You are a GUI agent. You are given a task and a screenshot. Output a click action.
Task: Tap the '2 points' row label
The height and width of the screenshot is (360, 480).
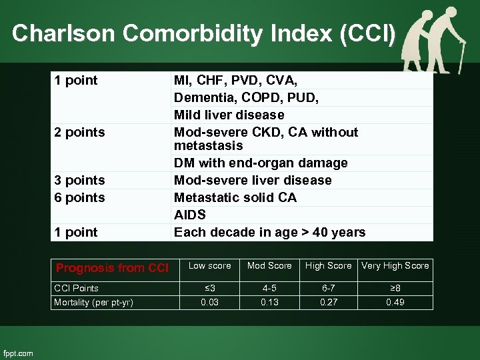coord(80,132)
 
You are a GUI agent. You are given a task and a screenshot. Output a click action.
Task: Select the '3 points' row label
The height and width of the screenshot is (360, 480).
coord(80,180)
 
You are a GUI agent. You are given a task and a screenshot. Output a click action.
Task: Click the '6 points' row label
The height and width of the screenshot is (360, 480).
coord(80,197)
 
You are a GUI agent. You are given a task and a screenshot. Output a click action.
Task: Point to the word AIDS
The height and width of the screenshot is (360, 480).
coord(190,215)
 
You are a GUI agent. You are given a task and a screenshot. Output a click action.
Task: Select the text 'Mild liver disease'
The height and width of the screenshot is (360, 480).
coord(229,115)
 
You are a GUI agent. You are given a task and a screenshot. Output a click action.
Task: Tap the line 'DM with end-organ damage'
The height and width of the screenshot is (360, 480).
coord(261,163)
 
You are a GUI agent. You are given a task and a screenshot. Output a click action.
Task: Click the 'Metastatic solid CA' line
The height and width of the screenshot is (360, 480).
coord(235,197)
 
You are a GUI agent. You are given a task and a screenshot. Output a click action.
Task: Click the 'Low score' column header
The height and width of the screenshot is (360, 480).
coord(210,266)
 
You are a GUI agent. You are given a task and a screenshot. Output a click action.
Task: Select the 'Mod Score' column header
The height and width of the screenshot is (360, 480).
coord(269,266)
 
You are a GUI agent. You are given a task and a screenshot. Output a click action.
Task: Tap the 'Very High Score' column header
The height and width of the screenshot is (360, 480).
coord(395,266)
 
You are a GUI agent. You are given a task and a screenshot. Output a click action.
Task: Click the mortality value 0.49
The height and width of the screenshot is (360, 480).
coord(395,302)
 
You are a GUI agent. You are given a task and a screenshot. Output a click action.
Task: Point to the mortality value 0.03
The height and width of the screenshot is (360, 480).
coord(210,302)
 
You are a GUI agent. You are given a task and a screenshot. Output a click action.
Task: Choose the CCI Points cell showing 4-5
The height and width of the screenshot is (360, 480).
coord(269,288)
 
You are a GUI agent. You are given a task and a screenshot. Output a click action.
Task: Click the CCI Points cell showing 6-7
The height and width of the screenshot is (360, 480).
coord(328,288)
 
